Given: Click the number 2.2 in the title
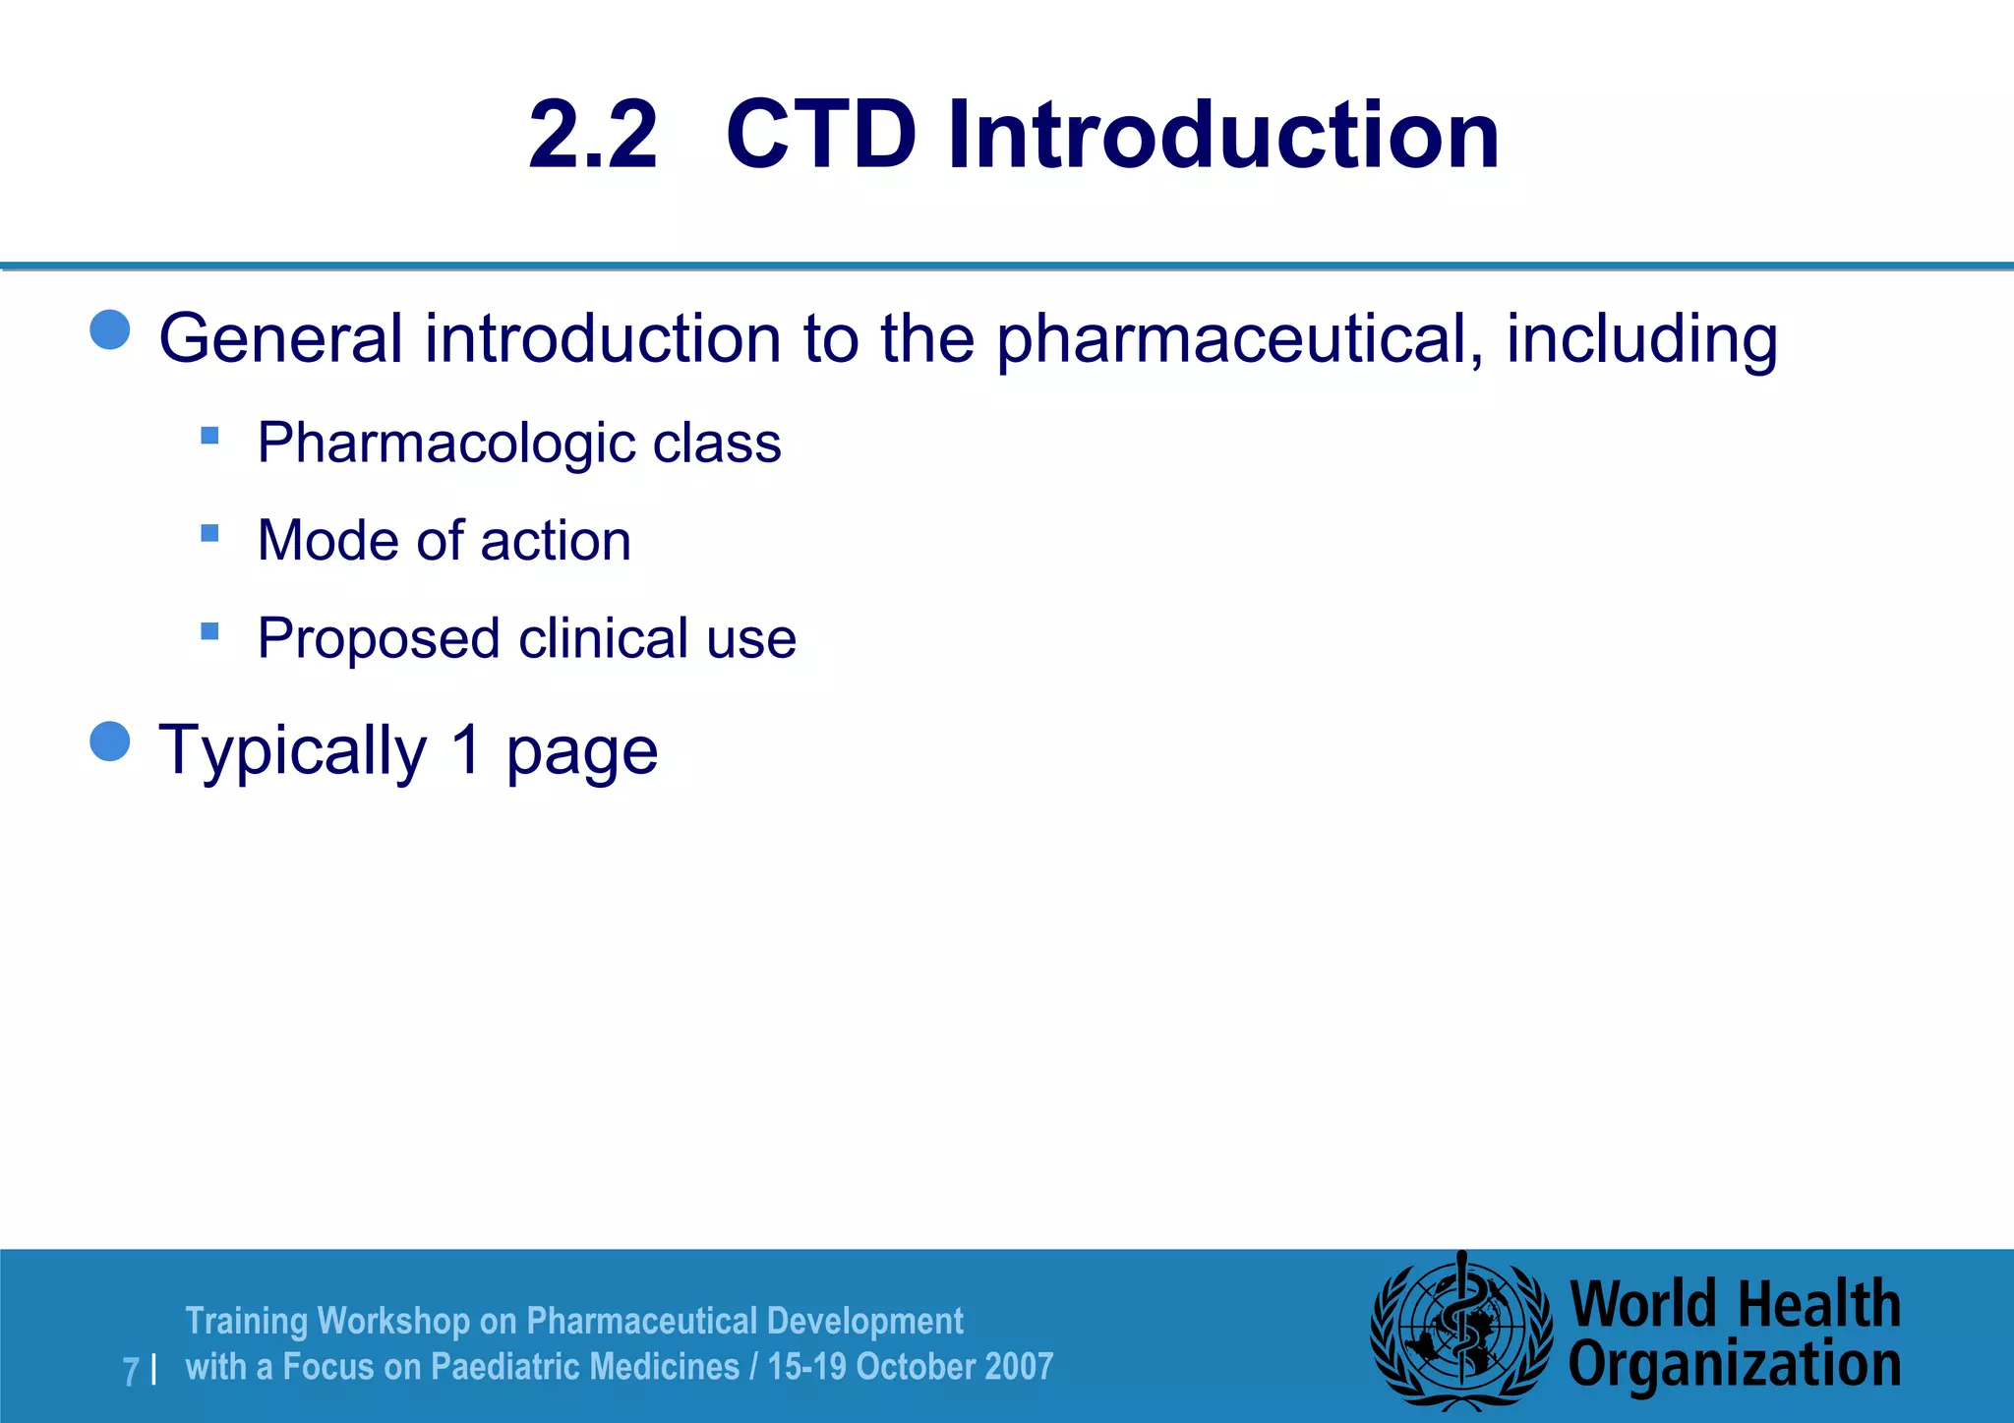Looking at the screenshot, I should (592, 135).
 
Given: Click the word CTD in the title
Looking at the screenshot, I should (821, 135).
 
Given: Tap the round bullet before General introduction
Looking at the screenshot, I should (110, 330).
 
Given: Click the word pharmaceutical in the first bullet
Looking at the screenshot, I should (1240, 339).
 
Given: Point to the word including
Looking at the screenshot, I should (1641, 339).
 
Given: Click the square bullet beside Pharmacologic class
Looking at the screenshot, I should (209, 435).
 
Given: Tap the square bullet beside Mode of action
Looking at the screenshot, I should (209, 533).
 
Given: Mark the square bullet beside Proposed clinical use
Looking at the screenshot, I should (209, 631).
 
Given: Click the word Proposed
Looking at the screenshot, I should (379, 638).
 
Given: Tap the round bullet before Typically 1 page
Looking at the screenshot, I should (110, 741).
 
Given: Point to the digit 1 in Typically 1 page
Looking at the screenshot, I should (467, 749).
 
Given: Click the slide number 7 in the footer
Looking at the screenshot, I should (131, 1371).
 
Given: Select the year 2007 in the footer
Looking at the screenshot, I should (1019, 1367).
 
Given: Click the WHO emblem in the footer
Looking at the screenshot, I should (1461, 1332).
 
